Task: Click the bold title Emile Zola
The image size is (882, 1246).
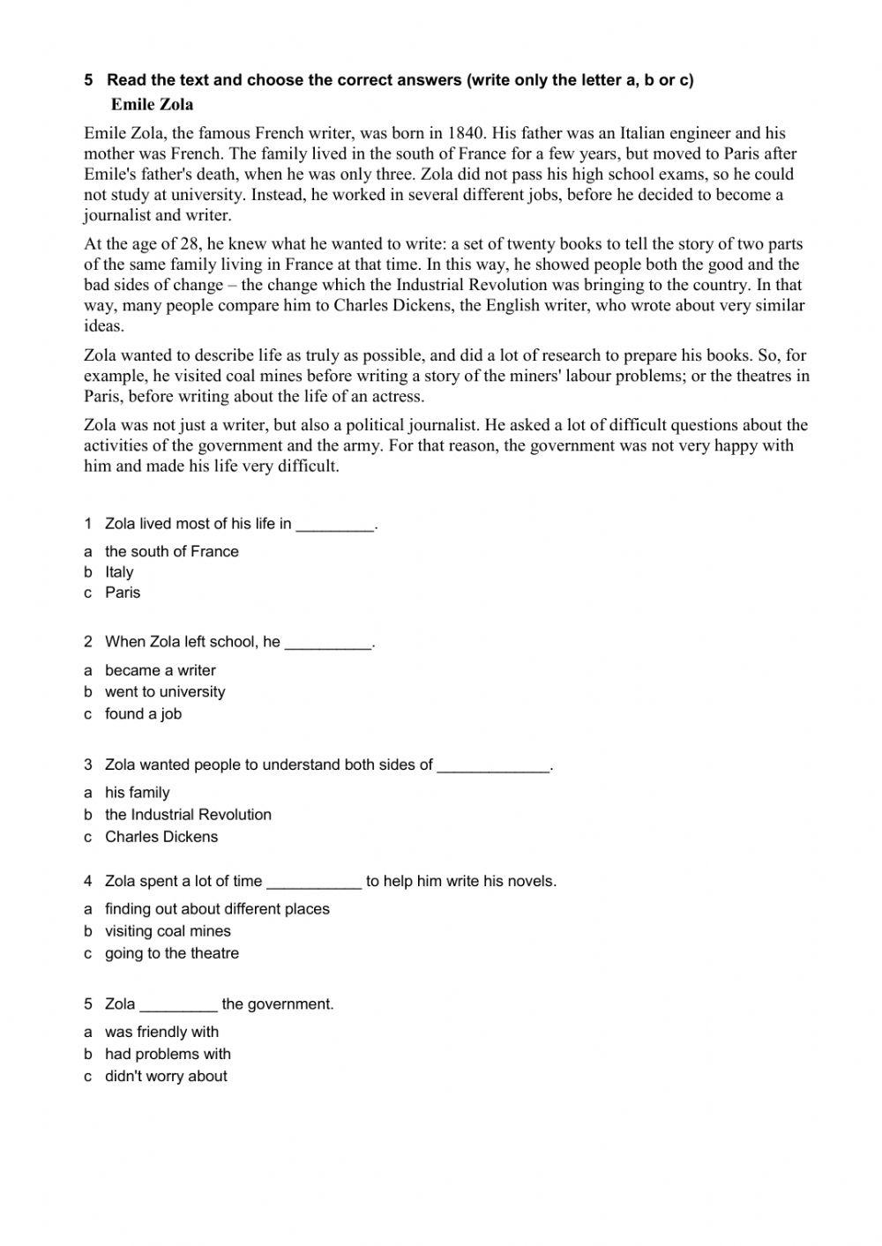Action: pos(152,104)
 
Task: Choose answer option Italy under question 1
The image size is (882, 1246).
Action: pos(119,571)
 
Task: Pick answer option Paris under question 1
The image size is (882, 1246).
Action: pos(123,593)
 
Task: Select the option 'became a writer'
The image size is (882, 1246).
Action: pos(160,670)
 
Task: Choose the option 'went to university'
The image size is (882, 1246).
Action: pos(165,692)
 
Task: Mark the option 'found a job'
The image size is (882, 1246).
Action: pos(143,714)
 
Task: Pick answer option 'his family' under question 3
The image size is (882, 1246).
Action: pos(137,793)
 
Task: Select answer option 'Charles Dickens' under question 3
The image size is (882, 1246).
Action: pos(161,837)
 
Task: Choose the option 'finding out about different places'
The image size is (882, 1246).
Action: pos(217,909)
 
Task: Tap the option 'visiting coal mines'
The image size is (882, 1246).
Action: pos(168,931)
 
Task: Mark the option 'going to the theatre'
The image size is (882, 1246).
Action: pos(172,953)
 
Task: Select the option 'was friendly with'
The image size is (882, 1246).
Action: pos(161,1032)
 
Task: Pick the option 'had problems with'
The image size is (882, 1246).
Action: pos(168,1054)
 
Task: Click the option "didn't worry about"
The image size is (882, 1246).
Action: pos(166,1076)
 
